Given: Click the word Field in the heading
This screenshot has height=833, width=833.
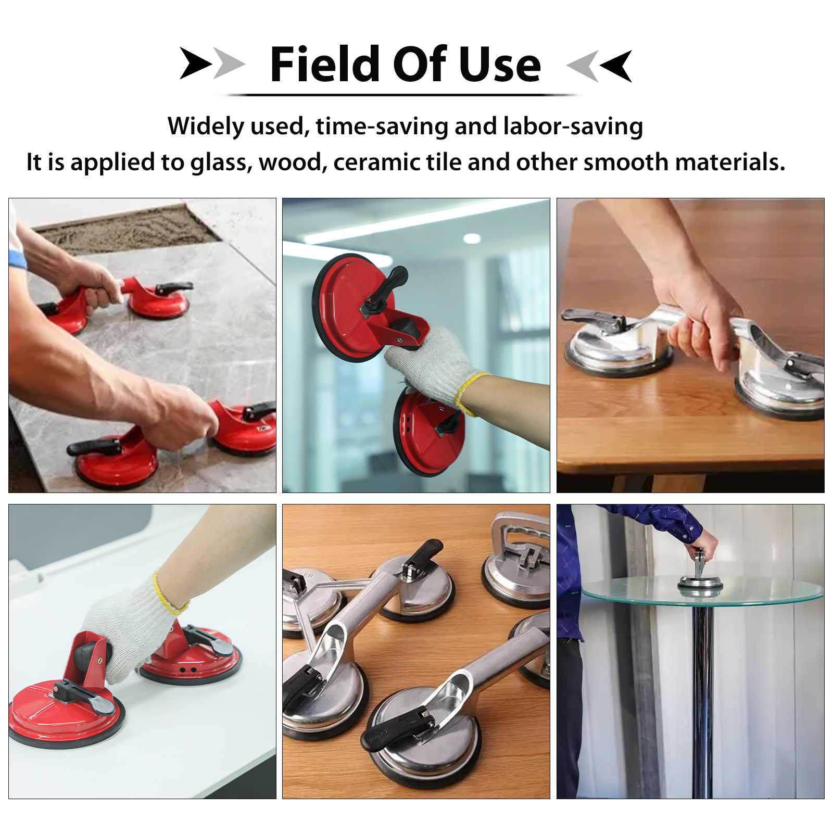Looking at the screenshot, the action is [325, 64].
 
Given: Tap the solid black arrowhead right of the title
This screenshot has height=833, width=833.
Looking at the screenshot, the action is [616, 66].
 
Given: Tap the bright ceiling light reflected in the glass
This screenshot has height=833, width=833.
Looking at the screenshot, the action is [472, 239].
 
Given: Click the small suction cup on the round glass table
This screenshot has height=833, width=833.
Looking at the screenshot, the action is [700, 575].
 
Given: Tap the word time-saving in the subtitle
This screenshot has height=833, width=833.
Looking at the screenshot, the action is [382, 127].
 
